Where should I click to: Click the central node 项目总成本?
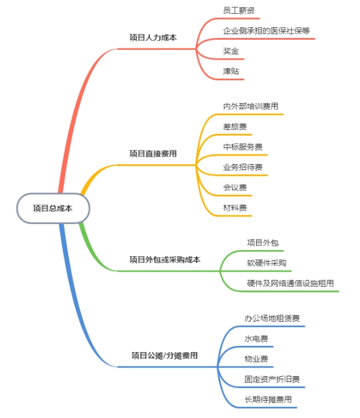click(x=53, y=208)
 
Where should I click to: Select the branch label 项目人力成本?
click(x=153, y=37)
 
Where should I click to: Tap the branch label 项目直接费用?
click(x=153, y=154)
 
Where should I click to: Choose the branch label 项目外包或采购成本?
click(x=165, y=259)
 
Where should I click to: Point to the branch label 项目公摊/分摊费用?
click(x=164, y=355)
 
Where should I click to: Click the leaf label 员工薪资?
click(x=239, y=11)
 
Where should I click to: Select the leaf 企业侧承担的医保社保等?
click(x=266, y=30)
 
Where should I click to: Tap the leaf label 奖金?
click(x=231, y=51)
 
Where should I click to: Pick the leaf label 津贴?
click(x=231, y=71)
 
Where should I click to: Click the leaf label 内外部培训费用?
click(x=251, y=106)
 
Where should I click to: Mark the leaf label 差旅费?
click(x=235, y=126)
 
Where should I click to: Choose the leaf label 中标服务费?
click(x=242, y=147)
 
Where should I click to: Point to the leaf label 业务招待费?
click(x=242, y=167)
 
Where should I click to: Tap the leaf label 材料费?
click(x=235, y=207)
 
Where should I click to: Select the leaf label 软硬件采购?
click(x=267, y=263)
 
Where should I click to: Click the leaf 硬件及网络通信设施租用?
click(x=290, y=283)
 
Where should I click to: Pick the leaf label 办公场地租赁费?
click(x=272, y=318)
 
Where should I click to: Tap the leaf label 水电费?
click(x=256, y=338)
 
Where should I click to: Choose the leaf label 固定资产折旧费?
click(x=272, y=379)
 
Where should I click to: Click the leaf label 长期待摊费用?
click(x=268, y=399)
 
